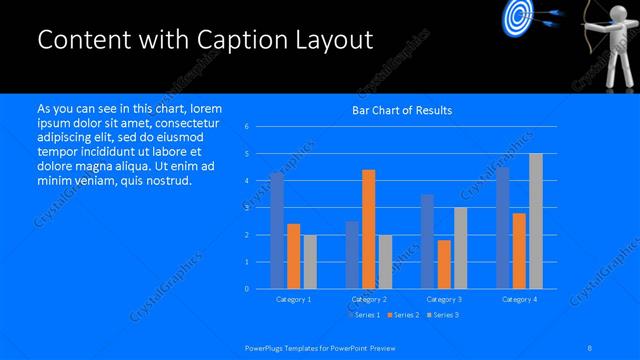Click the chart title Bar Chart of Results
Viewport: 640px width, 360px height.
coord(401,110)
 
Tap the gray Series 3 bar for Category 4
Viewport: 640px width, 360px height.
coord(535,221)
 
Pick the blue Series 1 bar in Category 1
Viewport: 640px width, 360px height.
coord(277,231)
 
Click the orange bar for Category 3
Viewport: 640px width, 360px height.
coord(444,264)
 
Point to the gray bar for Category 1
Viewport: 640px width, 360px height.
coord(309,262)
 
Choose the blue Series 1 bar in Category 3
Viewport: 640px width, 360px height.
coord(428,241)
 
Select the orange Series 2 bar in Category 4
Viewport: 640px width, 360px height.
coord(519,251)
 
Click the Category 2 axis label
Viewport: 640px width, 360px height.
coord(368,299)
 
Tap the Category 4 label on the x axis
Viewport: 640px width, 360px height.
coord(519,299)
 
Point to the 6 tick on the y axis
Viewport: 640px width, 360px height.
coord(247,127)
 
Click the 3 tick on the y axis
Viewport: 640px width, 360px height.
coord(247,208)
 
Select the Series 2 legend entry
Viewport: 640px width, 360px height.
coord(403,315)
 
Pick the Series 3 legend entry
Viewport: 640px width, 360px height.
coord(442,315)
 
